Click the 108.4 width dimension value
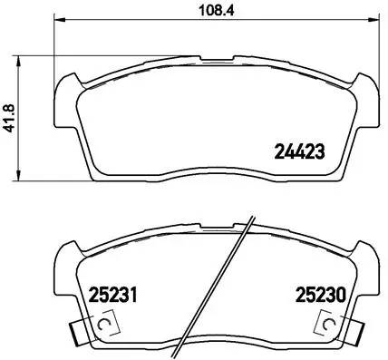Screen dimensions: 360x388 coord(212,13)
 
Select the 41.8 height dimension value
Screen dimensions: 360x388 coord(11,116)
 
